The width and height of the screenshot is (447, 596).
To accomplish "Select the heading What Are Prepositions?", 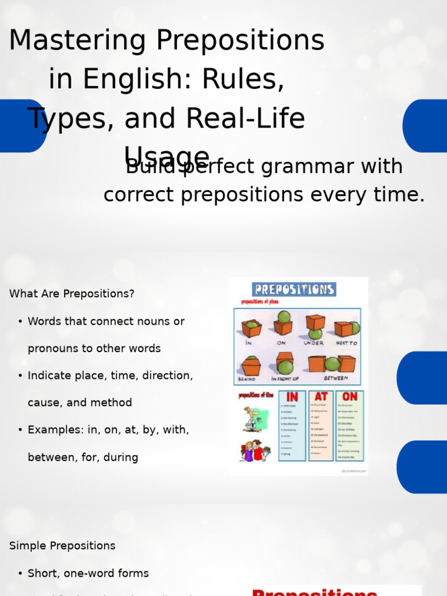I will (x=72, y=294).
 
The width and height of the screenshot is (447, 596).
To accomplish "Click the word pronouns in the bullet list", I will (x=55, y=349).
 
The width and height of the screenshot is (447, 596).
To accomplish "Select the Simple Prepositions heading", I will (x=62, y=546).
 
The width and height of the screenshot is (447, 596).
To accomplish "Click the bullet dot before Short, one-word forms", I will (x=20, y=574).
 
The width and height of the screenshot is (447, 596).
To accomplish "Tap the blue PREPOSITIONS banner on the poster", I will (x=294, y=289).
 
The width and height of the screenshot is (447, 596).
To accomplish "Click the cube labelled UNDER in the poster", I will (x=315, y=322).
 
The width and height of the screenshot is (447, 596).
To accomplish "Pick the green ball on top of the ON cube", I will (x=283, y=317).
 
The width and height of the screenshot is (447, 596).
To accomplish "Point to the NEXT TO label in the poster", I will (x=346, y=343).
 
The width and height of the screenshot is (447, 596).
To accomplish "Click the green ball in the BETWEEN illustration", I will (x=332, y=364).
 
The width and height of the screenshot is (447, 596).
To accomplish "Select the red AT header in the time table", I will (x=321, y=397).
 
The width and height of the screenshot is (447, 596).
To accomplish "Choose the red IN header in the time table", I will (x=292, y=397).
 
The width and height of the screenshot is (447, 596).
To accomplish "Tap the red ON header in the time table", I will (x=350, y=397).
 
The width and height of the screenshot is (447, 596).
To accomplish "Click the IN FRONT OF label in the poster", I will (x=285, y=378).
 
